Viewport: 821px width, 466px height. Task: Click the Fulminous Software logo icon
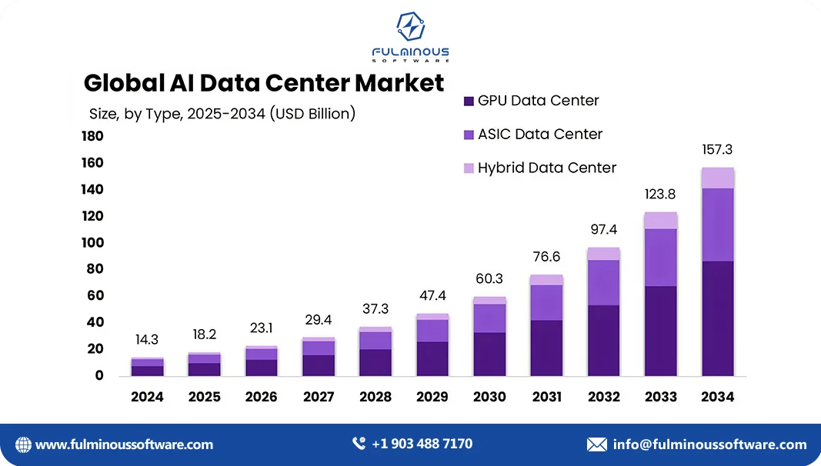pos(410,28)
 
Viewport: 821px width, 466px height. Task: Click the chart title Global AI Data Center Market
pos(264,82)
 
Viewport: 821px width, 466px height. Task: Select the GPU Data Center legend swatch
pos(469,102)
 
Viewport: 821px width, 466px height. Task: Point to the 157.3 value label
pos(717,150)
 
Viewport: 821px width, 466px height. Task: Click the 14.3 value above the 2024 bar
pos(147,340)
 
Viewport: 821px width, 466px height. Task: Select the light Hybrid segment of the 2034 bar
pos(717,178)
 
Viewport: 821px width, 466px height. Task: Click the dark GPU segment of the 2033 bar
pos(660,331)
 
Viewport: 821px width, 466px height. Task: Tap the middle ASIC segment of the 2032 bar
pos(603,282)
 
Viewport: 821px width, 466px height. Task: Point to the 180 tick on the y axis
pos(92,137)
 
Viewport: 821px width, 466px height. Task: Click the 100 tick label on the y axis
pos(92,243)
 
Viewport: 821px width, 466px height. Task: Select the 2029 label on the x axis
pos(432,397)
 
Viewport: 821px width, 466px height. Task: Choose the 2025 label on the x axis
pos(204,397)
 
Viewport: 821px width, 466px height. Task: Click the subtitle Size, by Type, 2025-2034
pos(222,114)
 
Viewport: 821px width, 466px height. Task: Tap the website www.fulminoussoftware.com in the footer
pos(124,444)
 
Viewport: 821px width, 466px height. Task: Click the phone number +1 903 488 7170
pos(422,444)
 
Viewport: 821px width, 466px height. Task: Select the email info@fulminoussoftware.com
pos(709,444)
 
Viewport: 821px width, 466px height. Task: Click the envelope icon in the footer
pos(597,444)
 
